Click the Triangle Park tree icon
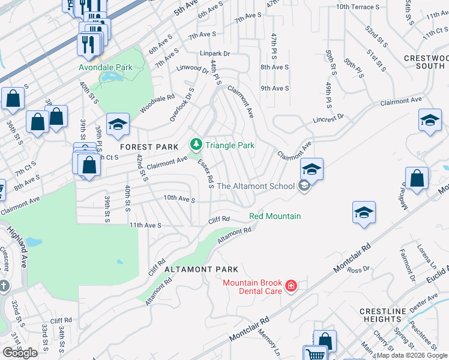[x=196, y=145]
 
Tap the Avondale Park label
[x=106, y=68]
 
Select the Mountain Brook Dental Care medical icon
[x=291, y=286]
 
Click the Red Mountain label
[x=275, y=216]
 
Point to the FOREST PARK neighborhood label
[x=149, y=147]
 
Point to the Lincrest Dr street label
[x=328, y=119]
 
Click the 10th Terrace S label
[x=360, y=7]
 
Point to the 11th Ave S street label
[x=146, y=225]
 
